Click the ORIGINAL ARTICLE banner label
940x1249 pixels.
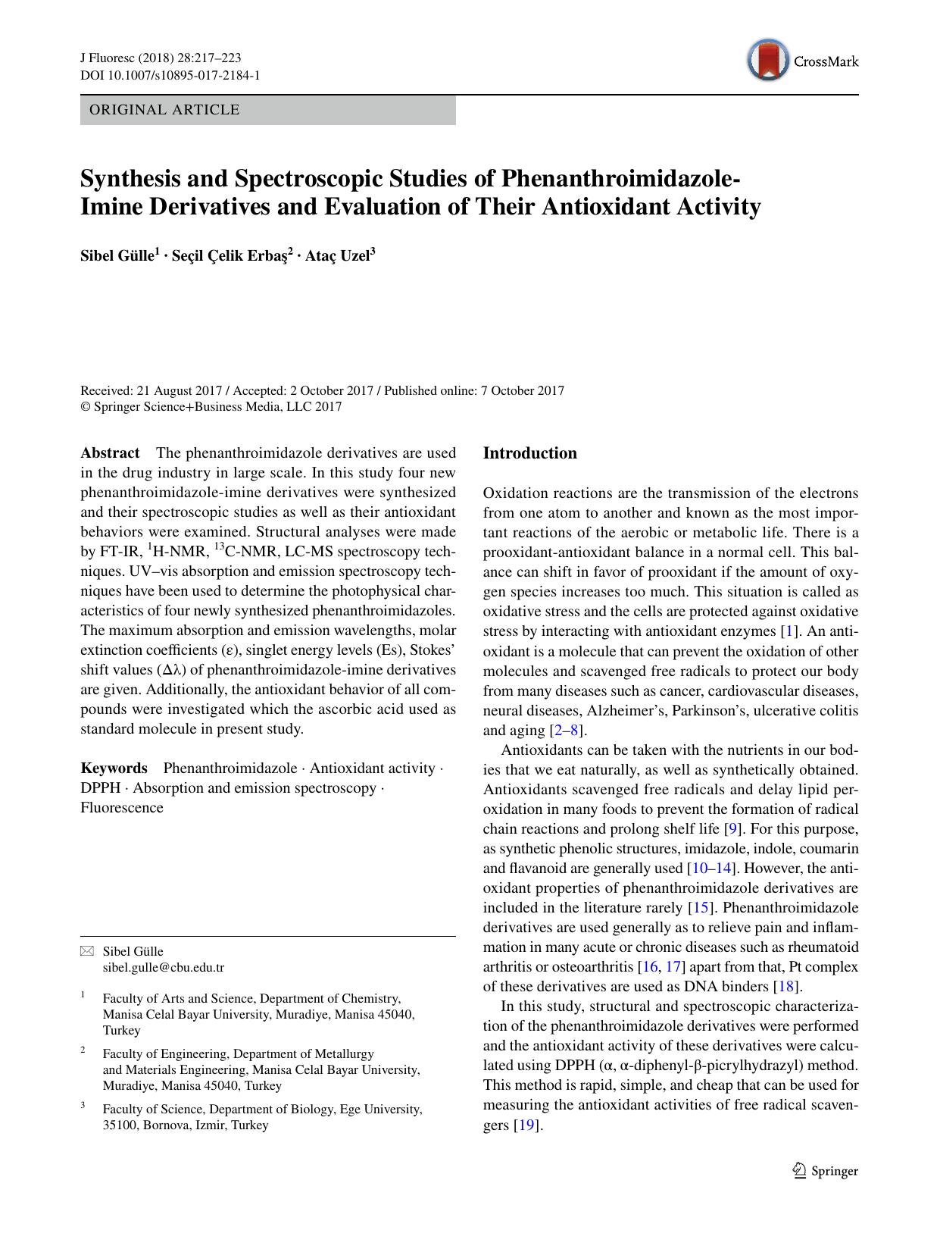(164, 110)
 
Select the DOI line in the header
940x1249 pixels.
(170, 76)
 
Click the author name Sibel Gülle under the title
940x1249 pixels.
(117, 256)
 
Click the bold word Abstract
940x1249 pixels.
(110, 453)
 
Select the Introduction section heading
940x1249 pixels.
(529, 453)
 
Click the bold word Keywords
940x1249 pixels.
(114, 768)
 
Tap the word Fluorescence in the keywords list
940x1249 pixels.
(122, 808)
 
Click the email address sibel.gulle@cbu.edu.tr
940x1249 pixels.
(164, 968)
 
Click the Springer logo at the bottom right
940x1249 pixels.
(826, 1171)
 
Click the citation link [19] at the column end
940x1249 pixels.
(527, 1125)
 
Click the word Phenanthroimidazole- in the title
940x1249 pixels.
(617, 179)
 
